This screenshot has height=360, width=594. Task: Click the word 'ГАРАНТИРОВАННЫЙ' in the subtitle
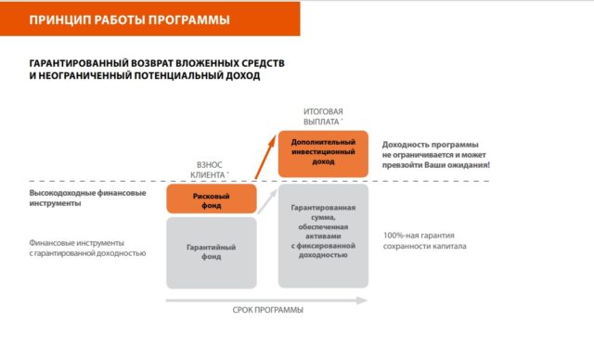(x=74, y=62)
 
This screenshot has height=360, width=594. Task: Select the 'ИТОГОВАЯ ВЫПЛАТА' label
(x=323, y=116)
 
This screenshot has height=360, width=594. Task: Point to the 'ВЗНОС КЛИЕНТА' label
(x=208, y=168)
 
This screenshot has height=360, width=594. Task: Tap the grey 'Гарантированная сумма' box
(x=323, y=234)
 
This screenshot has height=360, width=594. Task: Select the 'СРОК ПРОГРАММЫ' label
(x=266, y=311)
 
